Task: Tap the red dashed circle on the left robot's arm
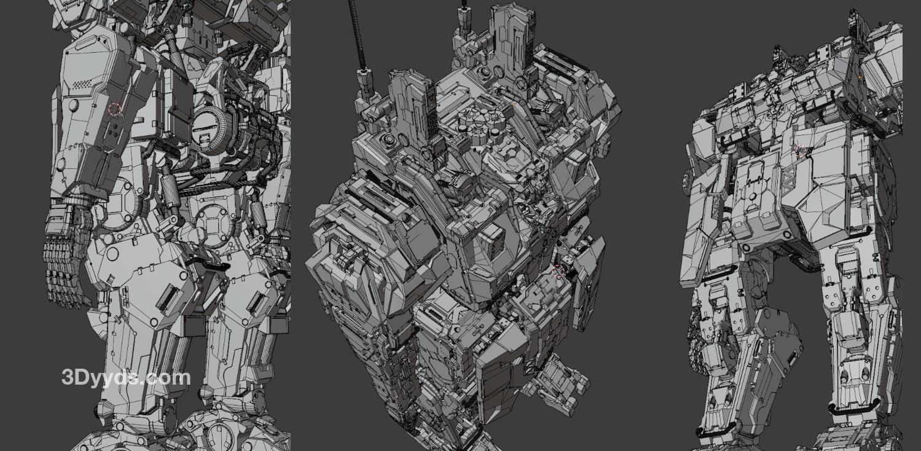pyautogui.click(x=114, y=109)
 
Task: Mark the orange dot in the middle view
pyautogui.click(x=514, y=105)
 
